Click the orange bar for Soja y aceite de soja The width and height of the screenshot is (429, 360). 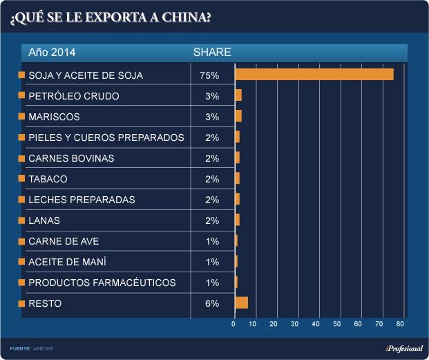pos(314,75)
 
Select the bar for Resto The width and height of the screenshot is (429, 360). pos(241,303)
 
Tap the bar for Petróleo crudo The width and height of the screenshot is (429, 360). pos(238,95)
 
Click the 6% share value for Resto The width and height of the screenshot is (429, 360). pos(212,303)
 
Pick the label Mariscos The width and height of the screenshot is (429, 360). pos(55,117)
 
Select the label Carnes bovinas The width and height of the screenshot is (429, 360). pos(71,158)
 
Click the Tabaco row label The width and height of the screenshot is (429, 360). pos(48,179)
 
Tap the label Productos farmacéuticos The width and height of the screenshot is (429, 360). pos(102,283)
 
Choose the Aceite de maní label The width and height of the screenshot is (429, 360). pos(67,262)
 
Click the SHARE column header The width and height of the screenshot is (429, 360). pos(212,53)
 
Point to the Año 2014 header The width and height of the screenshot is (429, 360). pos(53,53)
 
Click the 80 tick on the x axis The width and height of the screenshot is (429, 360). pos(401,323)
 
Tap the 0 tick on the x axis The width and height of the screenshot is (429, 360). pos(234,323)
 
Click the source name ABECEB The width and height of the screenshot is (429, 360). pos(43,348)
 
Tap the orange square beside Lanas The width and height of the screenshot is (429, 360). pos(22,220)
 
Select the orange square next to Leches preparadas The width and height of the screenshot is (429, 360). pos(22,200)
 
